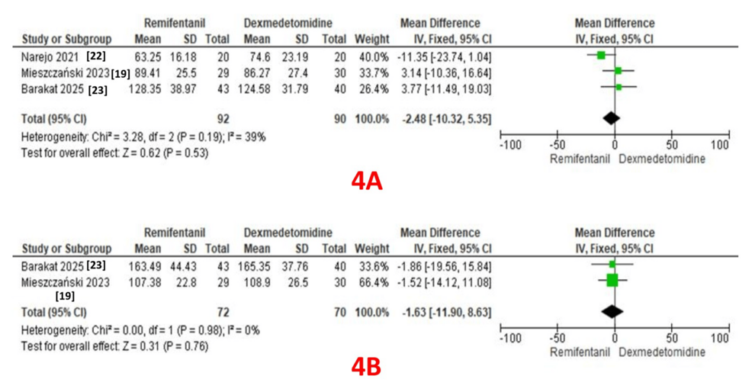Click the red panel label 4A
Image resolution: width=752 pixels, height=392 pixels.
(x=366, y=181)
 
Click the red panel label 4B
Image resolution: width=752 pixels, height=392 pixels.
(x=366, y=367)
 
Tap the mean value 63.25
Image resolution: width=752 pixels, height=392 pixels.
(x=149, y=56)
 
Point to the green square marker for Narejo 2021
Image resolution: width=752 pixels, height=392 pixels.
(x=601, y=55)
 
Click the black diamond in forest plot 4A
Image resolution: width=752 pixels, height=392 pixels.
(x=611, y=117)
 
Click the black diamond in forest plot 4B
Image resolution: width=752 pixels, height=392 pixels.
(x=612, y=311)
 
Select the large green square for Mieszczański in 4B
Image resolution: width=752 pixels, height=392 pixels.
(x=612, y=281)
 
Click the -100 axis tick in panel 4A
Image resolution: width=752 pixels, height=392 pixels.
(x=510, y=145)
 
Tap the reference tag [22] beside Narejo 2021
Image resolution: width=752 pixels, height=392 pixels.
(x=96, y=56)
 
